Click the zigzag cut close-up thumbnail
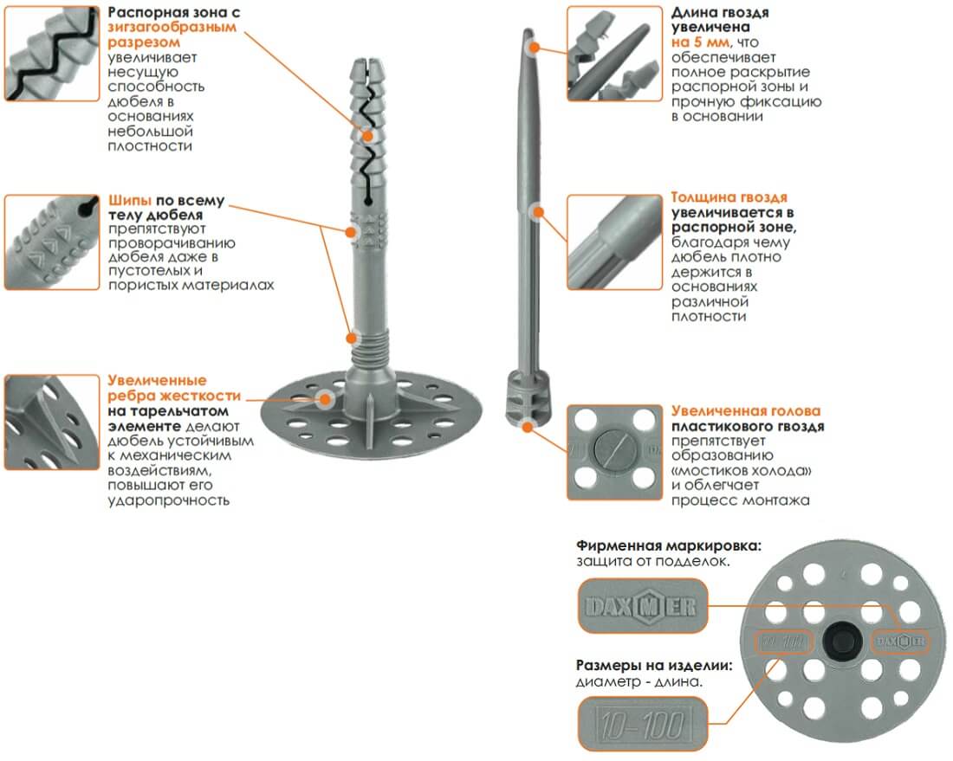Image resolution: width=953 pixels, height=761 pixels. click(52, 54)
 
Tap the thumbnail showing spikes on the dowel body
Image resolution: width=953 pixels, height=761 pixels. click(52, 242)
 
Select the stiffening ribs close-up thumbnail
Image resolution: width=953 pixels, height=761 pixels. click(52, 422)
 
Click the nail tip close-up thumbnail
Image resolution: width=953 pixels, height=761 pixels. click(614, 54)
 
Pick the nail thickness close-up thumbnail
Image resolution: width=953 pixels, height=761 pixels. click(614, 242)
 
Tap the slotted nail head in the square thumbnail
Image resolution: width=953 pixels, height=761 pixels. click(614, 451)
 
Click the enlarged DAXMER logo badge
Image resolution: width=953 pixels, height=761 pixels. click(643, 606)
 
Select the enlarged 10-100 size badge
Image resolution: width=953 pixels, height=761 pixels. click(643, 725)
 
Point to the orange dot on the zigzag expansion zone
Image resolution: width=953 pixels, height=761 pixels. click(367, 135)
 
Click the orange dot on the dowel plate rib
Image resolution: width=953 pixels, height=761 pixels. click(326, 399)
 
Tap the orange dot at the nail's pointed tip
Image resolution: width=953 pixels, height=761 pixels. click(535, 47)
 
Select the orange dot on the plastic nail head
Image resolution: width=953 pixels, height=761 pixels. click(528, 427)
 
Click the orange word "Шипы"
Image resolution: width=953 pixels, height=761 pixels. click(130, 201)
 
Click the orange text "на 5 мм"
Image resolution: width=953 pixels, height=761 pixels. click(700, 42)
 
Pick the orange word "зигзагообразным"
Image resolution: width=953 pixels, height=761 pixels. click(172, 28)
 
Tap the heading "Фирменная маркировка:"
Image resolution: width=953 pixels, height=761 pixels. click(669, 545)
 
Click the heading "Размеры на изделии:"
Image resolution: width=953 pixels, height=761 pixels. click(654, 666)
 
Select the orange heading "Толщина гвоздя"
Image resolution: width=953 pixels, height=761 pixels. click(729, 197)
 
